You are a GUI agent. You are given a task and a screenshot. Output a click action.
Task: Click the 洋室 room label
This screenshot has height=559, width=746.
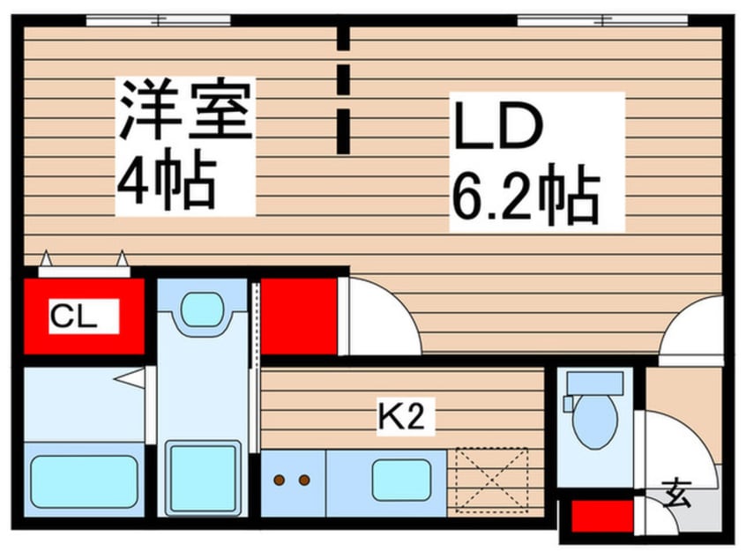186,109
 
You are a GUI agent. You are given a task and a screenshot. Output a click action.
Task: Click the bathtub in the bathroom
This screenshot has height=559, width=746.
85,480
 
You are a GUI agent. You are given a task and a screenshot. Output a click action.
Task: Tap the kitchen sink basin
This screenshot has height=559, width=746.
401,480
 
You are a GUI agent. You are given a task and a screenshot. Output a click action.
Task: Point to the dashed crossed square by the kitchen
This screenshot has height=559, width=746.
491,480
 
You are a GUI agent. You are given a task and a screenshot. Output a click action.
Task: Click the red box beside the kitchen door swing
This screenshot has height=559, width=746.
300,316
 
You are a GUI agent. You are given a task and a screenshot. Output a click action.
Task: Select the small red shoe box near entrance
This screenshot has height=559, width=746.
602,517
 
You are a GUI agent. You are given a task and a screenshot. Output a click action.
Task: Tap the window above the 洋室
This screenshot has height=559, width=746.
159,19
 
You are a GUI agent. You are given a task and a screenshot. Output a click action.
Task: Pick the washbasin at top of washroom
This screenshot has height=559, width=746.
202,309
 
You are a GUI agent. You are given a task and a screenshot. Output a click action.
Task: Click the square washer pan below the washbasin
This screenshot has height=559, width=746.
202,477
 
